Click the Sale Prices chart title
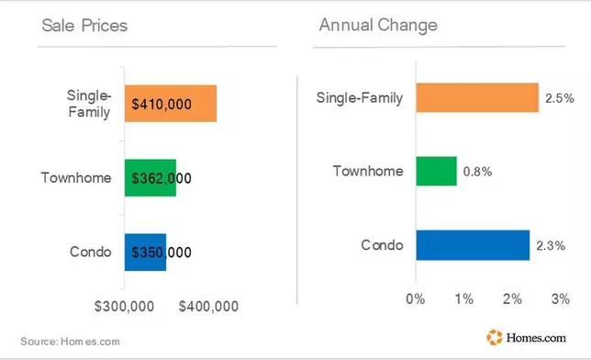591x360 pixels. click(x=84, y=26)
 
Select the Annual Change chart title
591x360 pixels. click(x=378, y=26)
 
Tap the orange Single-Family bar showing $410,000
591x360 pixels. click(x=171, y=104)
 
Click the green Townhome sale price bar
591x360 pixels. click(x=151, y=178)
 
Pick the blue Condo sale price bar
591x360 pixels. click(x=146, y=252)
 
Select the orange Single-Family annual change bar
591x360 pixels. click(x=477, y=97)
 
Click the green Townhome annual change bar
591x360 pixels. click(x=437, y=172)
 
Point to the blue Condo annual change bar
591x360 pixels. click(x=473, y=245)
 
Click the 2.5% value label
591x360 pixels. click(x=560, y=98)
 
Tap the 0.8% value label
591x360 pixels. click(x=477, y=172)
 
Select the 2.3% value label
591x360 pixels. click(x=551, y=246)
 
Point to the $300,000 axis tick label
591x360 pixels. click(x=124, y=307)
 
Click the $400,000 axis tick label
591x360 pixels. click(x=208, y=307)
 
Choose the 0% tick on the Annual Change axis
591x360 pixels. click(x=416, y=299)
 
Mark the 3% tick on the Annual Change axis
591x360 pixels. click(x=561, y=299)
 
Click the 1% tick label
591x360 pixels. click(x=464, y=299)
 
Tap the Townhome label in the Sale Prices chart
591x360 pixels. click(x=76, y=178)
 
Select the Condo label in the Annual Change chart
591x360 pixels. click(x=382, y=245)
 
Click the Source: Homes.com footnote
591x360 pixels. click(x=70, y=342)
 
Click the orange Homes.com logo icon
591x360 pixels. click(x=495, y=337)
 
